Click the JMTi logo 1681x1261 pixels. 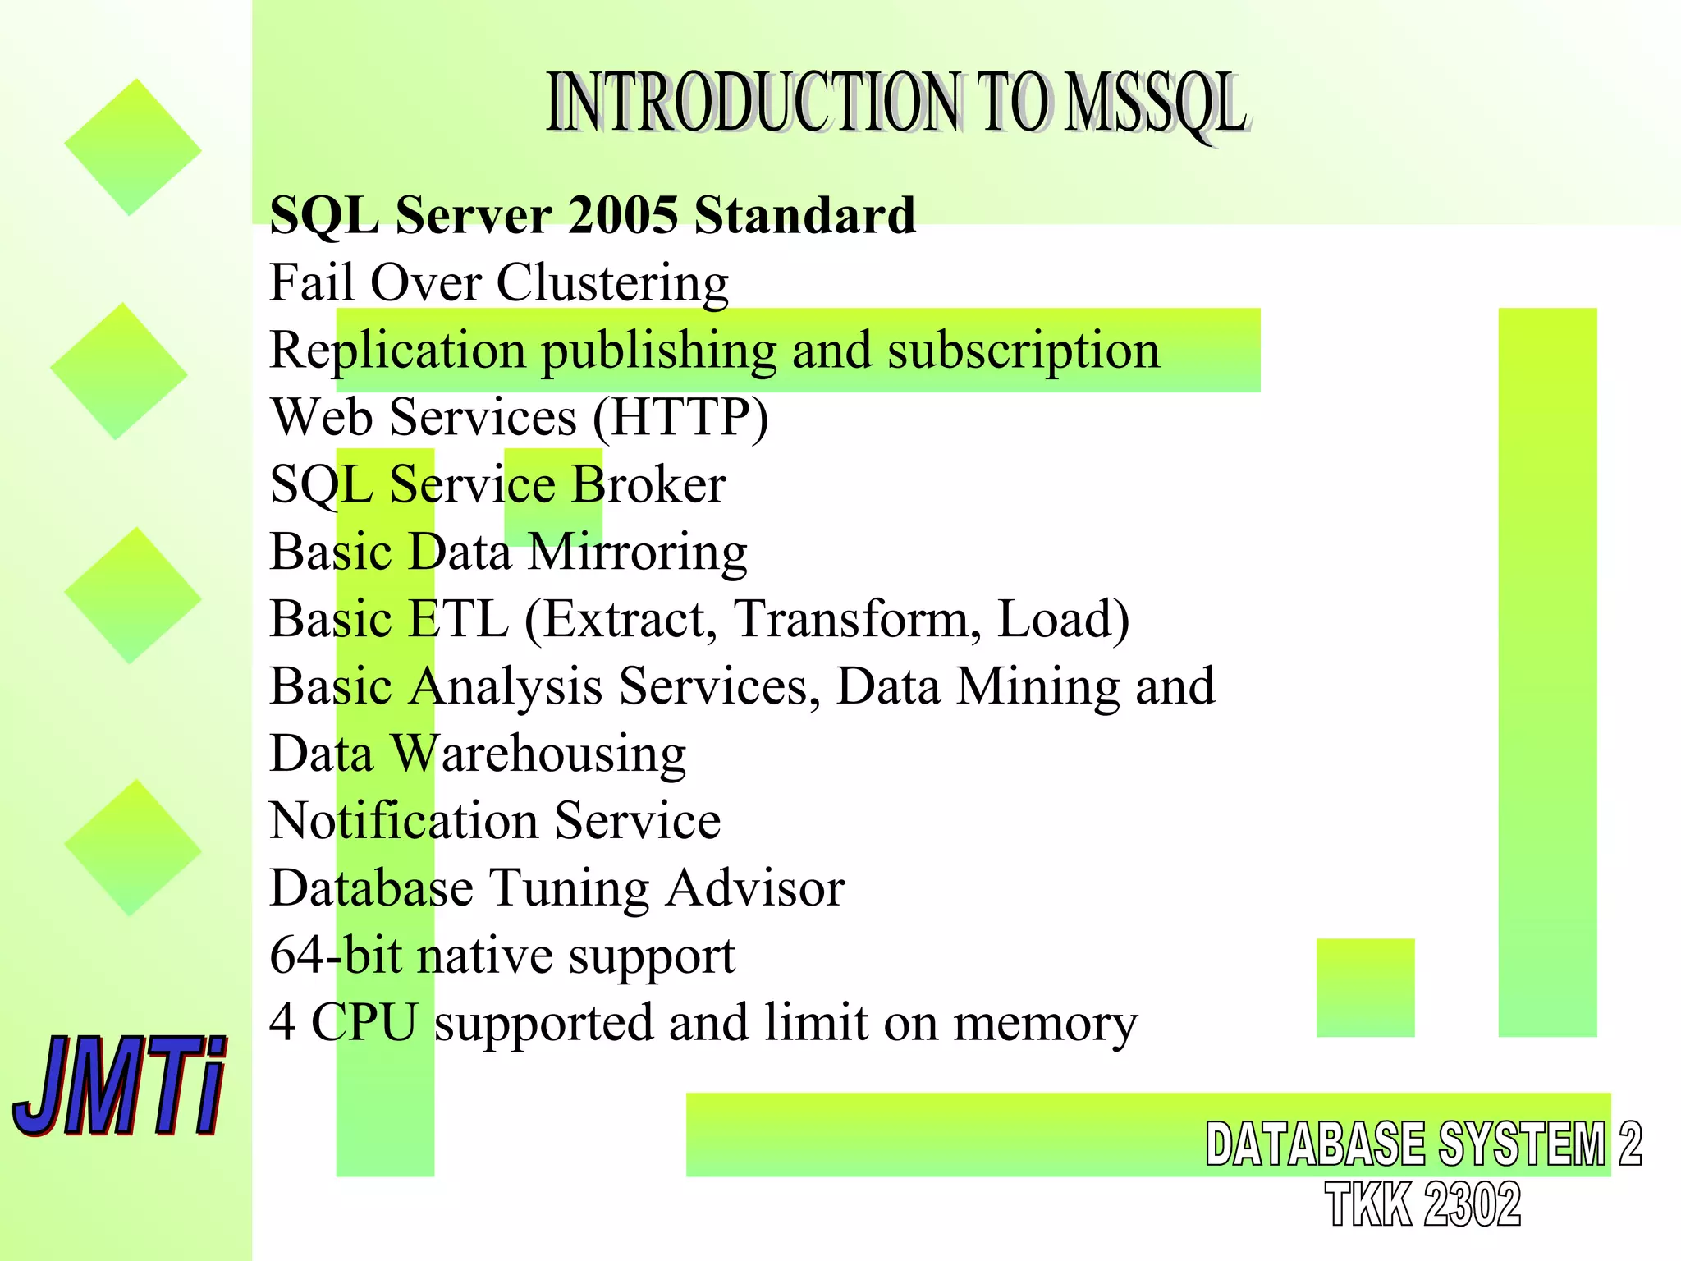[119, 1085]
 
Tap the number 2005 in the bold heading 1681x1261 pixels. [623, 215]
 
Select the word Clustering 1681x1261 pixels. [612, 283]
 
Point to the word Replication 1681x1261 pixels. [397, 351]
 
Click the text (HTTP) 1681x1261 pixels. [680, 417]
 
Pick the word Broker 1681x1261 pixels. [648, 484]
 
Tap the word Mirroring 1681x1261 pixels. [637, 552]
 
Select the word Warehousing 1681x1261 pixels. [538, 754]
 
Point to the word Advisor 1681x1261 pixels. [754, 888]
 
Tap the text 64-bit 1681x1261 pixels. [336, 956]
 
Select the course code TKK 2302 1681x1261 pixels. [1422, 1205]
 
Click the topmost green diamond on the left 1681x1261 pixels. [132, 148]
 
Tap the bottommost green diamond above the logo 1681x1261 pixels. [132, 847]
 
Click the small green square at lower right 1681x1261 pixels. [1365, 988]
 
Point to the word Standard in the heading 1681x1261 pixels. [804, 215]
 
